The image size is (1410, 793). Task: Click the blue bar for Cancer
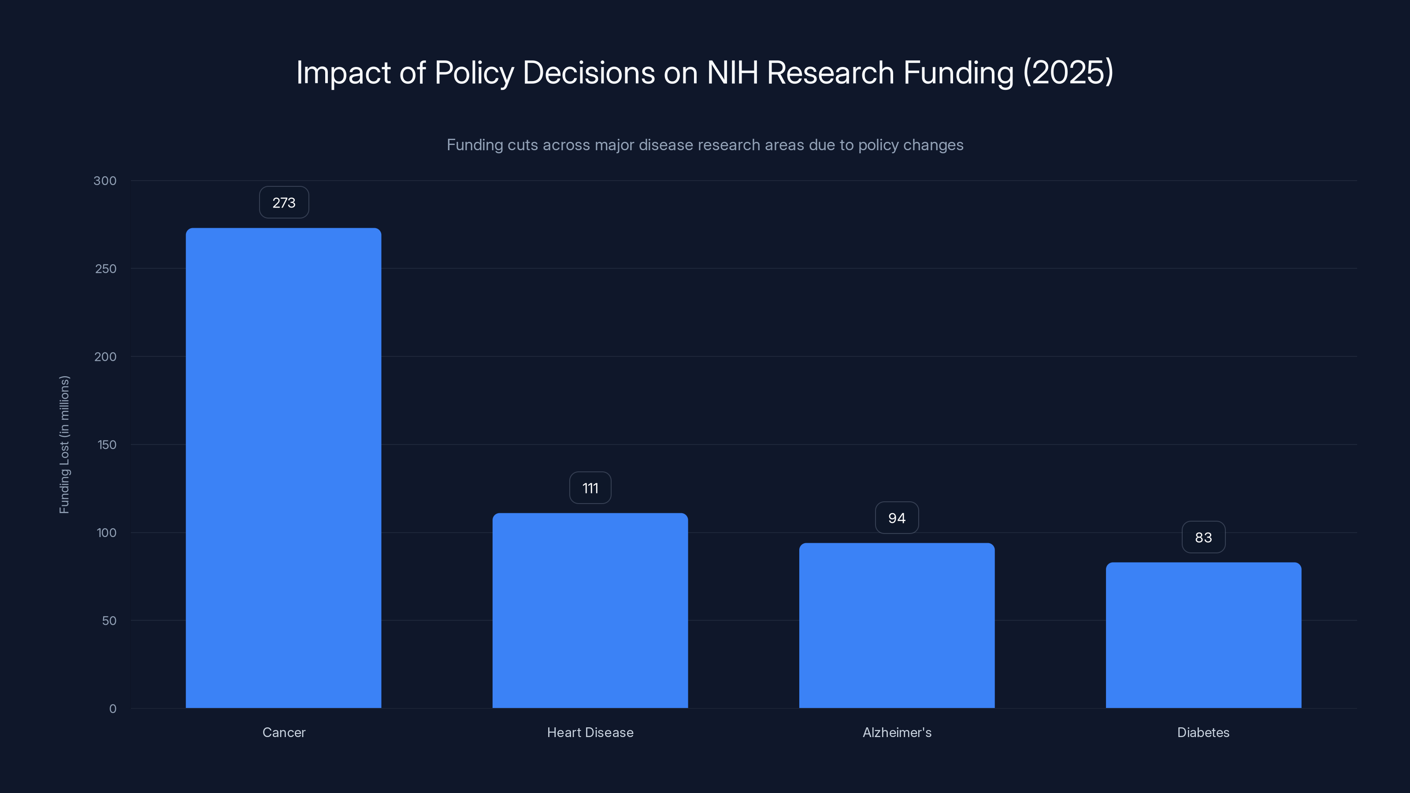(283, 468)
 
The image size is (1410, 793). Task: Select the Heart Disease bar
(590, 610)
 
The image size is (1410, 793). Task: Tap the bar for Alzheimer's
(897, 626)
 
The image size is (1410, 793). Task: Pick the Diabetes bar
(1203, 635)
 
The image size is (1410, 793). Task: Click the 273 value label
(283, 203)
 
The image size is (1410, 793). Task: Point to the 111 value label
(590, 488)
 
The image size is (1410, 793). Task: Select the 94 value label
(897, 518)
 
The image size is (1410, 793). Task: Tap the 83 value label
(1203, 537)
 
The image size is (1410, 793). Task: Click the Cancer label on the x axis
(283, 732)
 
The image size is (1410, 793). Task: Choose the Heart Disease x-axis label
(590, 732)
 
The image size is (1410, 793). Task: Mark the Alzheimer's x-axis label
(897, 732)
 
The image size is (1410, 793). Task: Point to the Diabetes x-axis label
(1203, 732)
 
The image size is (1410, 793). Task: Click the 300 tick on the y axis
(105, 181)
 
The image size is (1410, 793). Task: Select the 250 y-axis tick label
(106, 269)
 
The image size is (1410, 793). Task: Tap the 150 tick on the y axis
(107, 445)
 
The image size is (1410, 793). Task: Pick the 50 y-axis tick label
(109, 621)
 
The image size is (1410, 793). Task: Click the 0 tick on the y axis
(113, 709)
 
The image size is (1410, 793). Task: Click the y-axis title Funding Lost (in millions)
(65, 445)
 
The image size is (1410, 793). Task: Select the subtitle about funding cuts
(705, 145)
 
